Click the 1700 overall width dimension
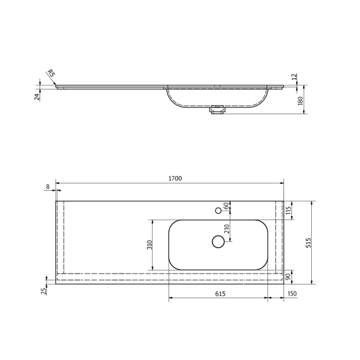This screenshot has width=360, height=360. (175, 178)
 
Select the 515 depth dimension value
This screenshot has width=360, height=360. (309, 243)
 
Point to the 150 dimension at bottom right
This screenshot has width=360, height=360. (291, 294)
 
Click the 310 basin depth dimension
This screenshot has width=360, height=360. (148, 245)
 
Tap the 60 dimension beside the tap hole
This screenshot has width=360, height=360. (226, 206)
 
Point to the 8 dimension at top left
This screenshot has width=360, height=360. (48, 186)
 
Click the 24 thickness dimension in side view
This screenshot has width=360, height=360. (38, 96)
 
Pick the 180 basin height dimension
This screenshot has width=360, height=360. (301, 101)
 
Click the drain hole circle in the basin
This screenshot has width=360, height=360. (218, 241)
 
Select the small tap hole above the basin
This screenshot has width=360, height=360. (218, 211)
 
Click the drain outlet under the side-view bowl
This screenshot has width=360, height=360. (217, 111)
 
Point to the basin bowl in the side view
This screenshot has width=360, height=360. (217, 98)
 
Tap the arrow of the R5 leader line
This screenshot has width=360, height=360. (56, 85)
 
